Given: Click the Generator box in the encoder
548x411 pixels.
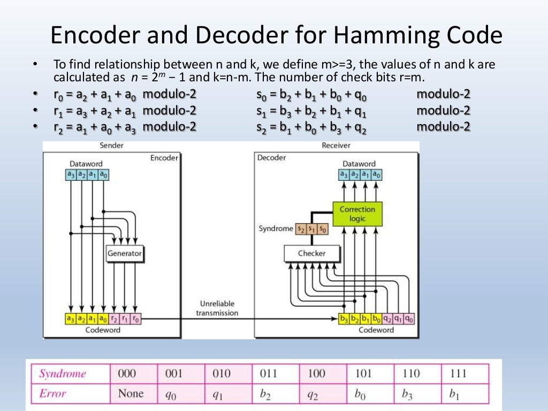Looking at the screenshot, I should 125,254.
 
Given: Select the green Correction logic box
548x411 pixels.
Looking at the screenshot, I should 357,214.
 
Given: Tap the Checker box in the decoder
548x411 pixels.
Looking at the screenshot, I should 311,253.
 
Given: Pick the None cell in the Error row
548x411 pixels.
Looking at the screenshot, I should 131,393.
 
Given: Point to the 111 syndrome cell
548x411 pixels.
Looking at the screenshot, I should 459,374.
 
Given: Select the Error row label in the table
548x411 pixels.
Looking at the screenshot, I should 52,393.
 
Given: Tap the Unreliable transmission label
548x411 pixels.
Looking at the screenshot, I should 217,308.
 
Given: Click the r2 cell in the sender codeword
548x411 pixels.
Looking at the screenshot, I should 114,319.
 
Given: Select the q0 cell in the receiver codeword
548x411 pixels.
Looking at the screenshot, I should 409,319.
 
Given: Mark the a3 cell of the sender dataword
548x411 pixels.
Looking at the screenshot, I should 70,174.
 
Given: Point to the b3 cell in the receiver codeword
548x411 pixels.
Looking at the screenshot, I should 344,319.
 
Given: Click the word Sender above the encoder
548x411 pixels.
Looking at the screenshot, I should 111,146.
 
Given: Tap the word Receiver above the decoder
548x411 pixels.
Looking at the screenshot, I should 336,146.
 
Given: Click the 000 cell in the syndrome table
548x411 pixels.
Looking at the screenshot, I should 128,374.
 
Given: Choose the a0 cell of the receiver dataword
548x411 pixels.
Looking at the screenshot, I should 377,174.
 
